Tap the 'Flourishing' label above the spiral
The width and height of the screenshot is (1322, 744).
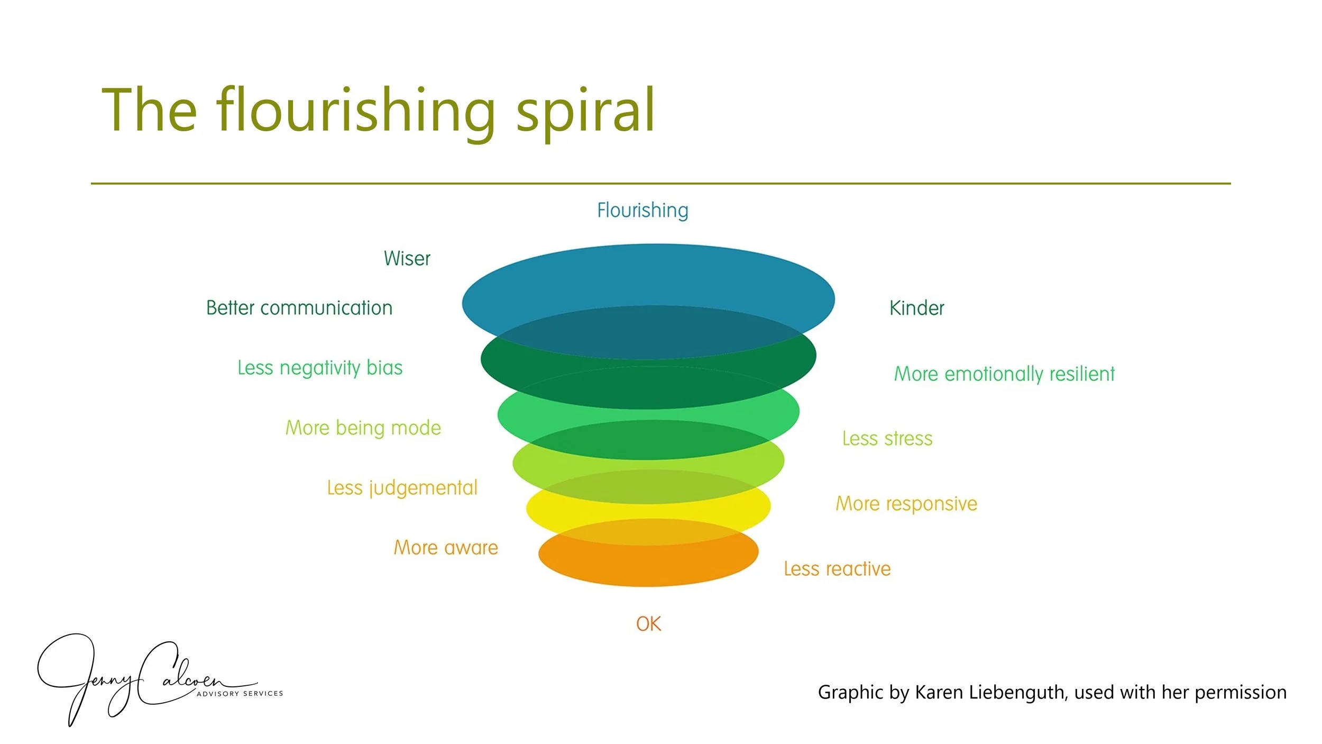[642, 210]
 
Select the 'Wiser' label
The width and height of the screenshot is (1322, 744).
[407, 259]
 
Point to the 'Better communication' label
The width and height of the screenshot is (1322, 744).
[299, 308]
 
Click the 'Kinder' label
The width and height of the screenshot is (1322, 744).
[916, 308]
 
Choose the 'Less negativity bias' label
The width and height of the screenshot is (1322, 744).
[320, 368]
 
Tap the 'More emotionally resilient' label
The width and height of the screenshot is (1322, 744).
[1004, 374]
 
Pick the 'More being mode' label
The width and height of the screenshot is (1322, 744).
[363, 428]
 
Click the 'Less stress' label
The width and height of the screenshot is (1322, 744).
[887, 439]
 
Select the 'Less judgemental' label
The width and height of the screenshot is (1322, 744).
[402, 488]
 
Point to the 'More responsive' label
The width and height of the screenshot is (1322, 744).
[906, 504]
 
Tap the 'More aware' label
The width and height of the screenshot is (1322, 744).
[446, 548]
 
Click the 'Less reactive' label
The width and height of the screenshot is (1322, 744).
[837, 569]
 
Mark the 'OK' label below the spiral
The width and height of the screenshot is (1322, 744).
[648, 624]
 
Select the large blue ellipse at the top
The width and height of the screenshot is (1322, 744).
[648, 275]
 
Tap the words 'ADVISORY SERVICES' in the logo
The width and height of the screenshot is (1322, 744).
[240, 694]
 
